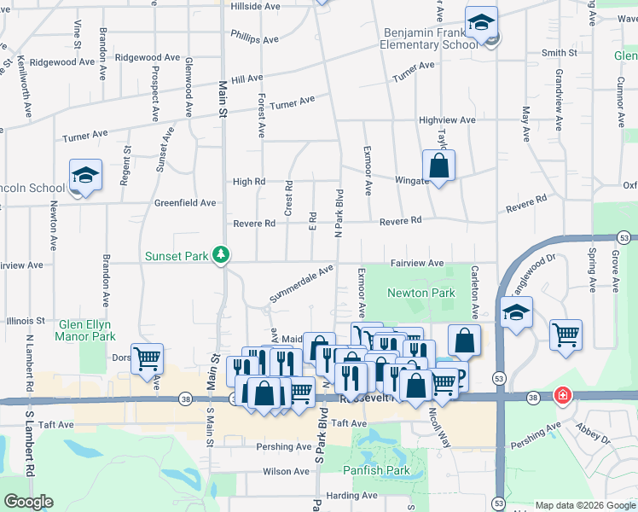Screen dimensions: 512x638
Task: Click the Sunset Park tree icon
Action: (x=221, y=254)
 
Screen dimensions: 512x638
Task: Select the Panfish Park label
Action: (x=376, y=470)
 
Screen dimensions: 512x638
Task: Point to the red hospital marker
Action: (x=562, y=395)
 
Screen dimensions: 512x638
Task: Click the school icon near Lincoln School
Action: (x=85, y=176)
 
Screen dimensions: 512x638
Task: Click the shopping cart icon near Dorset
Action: (x=148, y=360)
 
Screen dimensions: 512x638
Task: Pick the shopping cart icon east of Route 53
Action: (x=565, y=335)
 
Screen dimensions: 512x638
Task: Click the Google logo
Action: (x=28, y=502)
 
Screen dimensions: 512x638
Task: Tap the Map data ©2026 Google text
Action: (x=584, y=505)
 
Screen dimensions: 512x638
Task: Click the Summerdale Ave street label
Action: (x=301, y=284)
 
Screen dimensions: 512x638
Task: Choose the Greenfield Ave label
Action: (x=185, y=203)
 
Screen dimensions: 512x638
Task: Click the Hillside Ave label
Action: (x=256, y=6)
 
